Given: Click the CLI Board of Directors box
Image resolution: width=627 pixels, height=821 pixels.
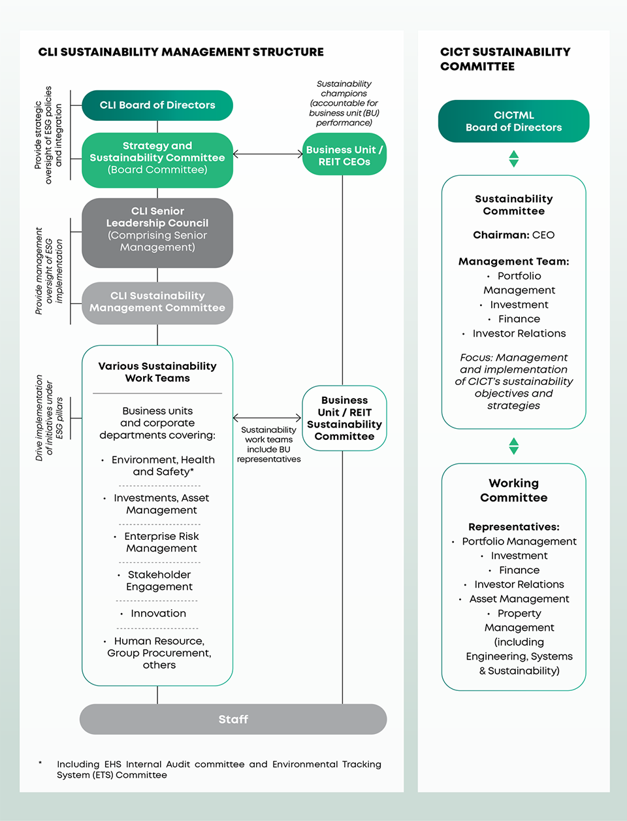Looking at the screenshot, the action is pyautogui.click(x=157, y=105).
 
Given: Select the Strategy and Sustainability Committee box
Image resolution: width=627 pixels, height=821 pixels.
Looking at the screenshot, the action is pyautogui.click(x=157, y=160).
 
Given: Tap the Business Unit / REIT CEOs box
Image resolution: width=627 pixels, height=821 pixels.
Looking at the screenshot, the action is pyautogui.click(x=344, y=154).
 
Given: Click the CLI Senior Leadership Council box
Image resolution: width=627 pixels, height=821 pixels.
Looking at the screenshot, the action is pyautogui.click(x=157, y=233).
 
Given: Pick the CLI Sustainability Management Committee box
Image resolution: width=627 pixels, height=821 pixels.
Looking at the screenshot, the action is pyautogui.click(x=157, y=303).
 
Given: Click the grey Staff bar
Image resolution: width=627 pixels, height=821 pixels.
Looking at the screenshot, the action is pyautogui.click(x=233, y=719).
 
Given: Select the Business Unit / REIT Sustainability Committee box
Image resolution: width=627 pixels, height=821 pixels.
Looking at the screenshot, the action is pyautogui.click(x=344, y=418).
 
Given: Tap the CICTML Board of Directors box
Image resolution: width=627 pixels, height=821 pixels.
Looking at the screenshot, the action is pyautogui.click(x=514, y=121).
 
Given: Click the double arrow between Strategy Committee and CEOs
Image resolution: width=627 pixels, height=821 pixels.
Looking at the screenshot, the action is pyautogui.click(x=268, y=154).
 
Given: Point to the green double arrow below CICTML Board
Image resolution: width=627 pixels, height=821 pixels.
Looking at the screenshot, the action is pyautogui.click(x=514, y=159).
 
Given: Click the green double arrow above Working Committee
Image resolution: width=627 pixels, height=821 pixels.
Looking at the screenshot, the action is pyautogui.click(x=514, y=446).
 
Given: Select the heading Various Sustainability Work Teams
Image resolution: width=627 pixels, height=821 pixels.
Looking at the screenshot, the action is pyautogui.click(x=157, y=372).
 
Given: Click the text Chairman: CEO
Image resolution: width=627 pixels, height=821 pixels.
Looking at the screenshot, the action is pyautogui.click(x=514, y=235).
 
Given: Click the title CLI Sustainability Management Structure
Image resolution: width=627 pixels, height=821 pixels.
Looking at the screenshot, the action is pyautogui.click(x=181, y=52).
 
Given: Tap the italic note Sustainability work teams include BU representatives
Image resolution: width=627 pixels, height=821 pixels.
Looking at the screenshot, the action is pyautogui.click(x=268, y=444).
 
